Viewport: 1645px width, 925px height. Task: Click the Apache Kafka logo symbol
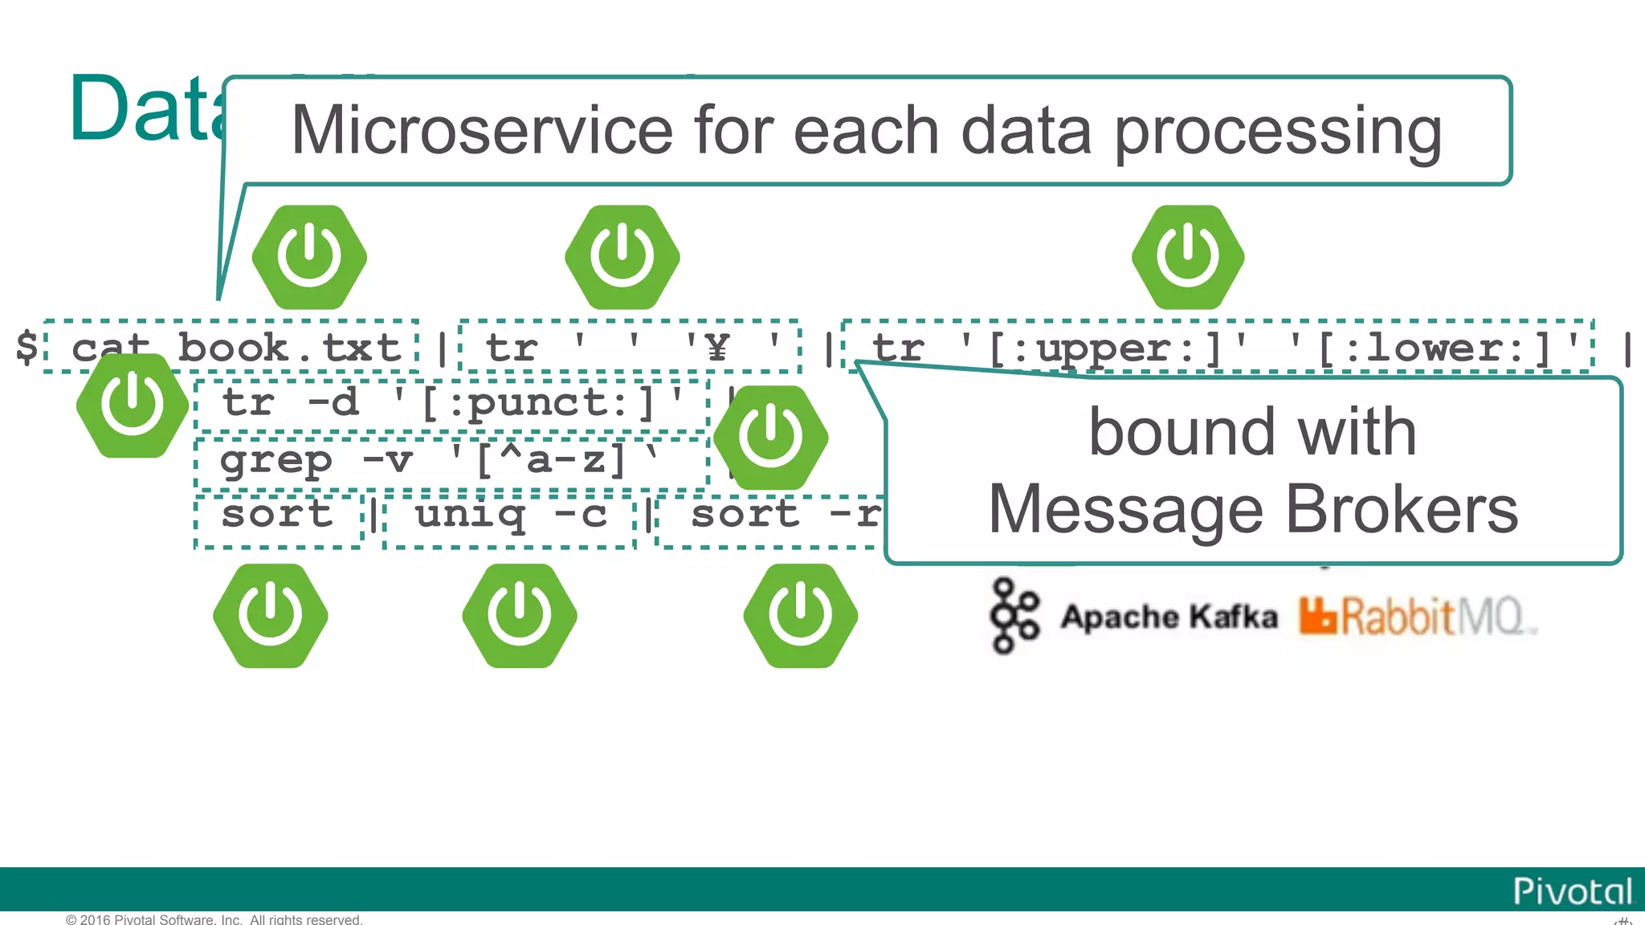pos(1014,616)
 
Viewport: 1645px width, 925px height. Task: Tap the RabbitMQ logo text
pos(1418,617)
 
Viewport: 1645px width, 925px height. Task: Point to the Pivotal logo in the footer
pos(1572,891)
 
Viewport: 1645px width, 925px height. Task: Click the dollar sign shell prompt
pos(27,347)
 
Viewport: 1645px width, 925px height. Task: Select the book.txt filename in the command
pos(289,348)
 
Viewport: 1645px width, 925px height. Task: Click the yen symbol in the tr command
pos(717,347)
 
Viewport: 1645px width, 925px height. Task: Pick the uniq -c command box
pos(510,515)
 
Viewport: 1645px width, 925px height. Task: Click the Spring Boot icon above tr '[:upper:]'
pos(1188,257)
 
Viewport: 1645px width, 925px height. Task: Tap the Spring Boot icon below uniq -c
pos(519,616)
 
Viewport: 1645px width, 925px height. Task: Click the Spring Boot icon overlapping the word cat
pos(133,405)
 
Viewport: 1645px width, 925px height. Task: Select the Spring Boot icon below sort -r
pos(800,616)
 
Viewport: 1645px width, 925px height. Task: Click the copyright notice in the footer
pos(214,919)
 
